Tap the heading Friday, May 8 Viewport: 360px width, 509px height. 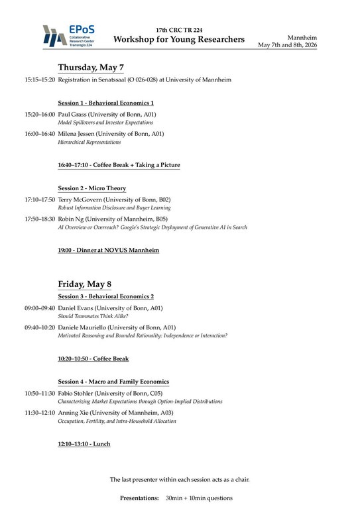click(x=84, y=284)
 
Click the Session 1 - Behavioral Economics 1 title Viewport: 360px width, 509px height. click(x=106, y=103)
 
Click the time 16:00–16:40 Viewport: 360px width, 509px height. click(x=40, y=134)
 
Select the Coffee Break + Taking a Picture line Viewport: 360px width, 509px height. click(x=119, y=165)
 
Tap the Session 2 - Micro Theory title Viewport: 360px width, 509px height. click(x=91, y=188)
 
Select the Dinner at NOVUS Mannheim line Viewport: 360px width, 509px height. click(x=108, y=250)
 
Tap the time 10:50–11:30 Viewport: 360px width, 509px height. click(x=40, y=393)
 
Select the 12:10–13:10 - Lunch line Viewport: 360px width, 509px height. click(x=84, y=443)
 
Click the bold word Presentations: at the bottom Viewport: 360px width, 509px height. click(x=139, y=497)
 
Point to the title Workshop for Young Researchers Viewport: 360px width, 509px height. click(x=179, y=40)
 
